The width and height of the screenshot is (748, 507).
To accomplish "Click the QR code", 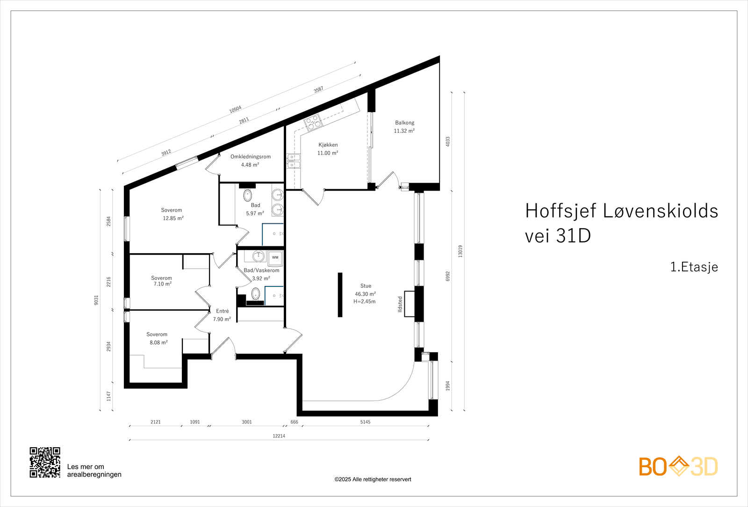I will coord(45,462).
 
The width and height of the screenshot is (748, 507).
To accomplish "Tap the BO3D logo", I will coord(678,466).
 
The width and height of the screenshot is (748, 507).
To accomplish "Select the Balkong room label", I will coord(404,123).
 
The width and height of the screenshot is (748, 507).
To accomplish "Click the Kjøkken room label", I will coord(328,145).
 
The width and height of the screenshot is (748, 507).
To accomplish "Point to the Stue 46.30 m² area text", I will coord(365,294).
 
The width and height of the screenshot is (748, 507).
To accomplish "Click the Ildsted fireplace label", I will coord(400,304).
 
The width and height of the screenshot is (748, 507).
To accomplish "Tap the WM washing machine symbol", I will coord(275,257).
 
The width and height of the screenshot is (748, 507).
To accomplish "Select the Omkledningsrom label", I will coord(250,157).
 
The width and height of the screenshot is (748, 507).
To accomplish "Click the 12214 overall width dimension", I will coord(279,436).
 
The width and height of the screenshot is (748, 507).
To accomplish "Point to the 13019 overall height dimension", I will coord(460,251).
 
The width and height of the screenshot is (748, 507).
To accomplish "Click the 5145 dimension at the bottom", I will coord(365,422).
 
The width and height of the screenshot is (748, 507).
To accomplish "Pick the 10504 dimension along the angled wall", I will coord(235,109).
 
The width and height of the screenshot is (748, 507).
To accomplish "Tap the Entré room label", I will coord(223,311).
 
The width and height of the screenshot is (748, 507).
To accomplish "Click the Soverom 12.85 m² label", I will coord(172,214).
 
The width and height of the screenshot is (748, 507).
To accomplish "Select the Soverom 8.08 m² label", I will coord(158,338).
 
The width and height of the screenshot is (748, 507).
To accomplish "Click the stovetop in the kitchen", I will coord(313,122).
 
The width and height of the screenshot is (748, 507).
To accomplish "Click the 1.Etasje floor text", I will coord(694,267).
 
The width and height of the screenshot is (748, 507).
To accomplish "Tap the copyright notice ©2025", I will coord(373,479).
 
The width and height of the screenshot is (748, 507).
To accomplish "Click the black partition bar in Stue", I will coord(340,294).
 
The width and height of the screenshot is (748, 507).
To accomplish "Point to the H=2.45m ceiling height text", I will coord(364,302).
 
